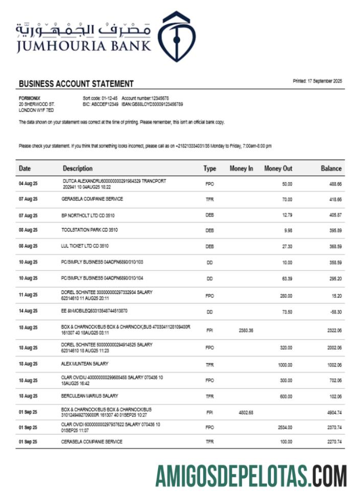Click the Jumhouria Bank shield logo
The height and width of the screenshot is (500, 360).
[175, 37]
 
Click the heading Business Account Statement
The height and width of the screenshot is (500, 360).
[76, 84]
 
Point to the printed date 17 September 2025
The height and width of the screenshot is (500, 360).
[317, 81]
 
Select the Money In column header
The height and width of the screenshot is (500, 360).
[241, 168]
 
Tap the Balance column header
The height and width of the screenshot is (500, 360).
[331, 168]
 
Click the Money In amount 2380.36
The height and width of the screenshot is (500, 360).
[246, 331]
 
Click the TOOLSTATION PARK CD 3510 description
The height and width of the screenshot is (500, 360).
[90, 230]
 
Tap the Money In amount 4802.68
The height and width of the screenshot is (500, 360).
[246, 412]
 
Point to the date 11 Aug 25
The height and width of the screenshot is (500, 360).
[28, 295]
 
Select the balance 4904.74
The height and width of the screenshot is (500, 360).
[333, 412]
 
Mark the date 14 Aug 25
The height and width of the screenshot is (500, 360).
[28, 311]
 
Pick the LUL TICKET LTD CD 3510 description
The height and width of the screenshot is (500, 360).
[85, 246]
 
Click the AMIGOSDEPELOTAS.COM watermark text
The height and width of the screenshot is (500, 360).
[251, 476]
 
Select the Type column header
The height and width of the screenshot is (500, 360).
[210, 168]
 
